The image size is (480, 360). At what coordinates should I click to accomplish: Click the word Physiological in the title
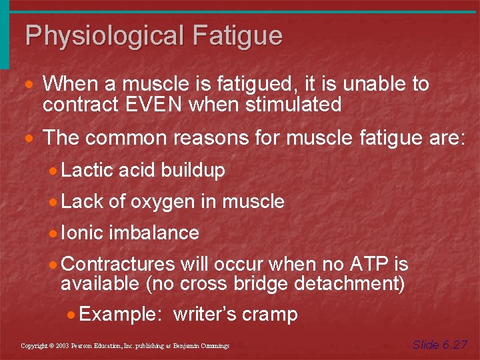(105, 35)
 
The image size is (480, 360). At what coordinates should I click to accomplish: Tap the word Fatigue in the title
(238, 35)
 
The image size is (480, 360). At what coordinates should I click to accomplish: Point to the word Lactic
(87, 171)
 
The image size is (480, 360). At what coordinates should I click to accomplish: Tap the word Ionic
(82, 233)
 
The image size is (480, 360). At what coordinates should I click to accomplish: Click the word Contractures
(117, 265)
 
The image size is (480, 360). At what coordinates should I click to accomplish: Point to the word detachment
(349, 283)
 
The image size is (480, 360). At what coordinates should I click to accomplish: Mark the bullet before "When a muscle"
(30, 85)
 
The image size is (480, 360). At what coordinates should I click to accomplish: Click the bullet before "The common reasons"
(30, 139)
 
